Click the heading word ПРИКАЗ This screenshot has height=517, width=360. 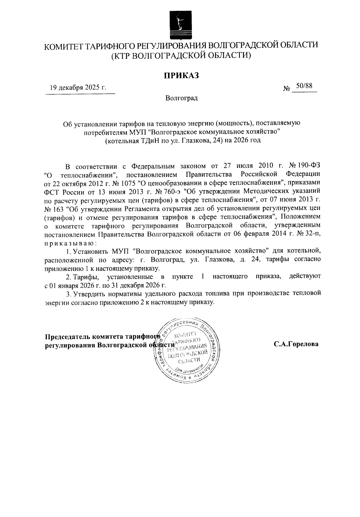click(181, 75)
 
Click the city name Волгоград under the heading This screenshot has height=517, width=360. click(181, 98)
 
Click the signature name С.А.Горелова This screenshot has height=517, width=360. click(296, 344)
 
